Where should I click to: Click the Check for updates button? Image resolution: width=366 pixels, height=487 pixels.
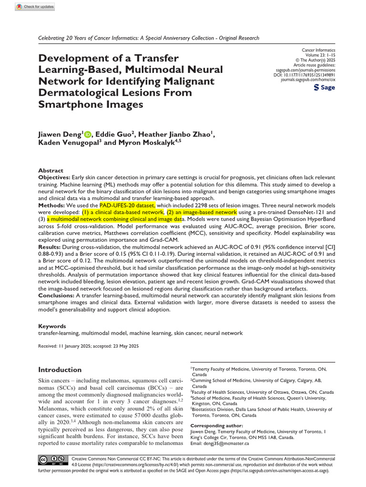coord(35,7)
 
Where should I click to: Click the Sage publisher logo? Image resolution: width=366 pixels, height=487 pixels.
coord(325,88)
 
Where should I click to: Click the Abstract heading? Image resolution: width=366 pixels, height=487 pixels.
coord(51,170)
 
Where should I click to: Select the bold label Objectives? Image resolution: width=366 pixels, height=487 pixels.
coord(54,176)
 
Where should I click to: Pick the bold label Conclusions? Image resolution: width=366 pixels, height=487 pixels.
coord(57,295)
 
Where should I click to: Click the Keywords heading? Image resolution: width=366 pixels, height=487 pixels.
coord(52,326)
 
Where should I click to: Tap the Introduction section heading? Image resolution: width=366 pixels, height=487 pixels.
coord(60,370)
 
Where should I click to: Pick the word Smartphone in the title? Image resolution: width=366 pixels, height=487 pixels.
coord(71,104)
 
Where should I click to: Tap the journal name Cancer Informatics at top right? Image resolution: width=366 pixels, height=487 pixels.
coord(319,50)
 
